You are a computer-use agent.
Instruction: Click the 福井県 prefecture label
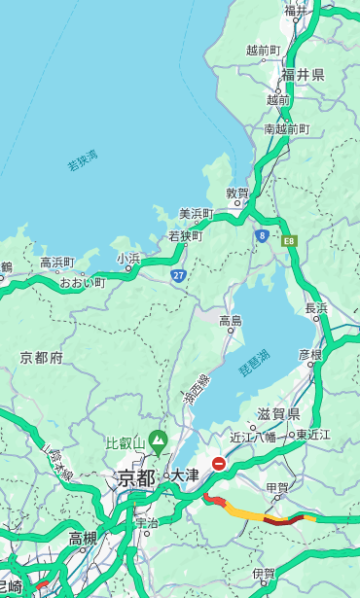[x=304, y=75]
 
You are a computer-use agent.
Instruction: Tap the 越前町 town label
[x=263, y=50]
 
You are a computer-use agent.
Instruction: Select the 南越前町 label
[x=286, y=128]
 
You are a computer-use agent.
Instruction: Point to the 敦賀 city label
[x=237, y=193]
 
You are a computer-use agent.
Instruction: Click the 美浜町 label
[x=197, y=214]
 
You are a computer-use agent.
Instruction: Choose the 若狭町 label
[x=185, y=235]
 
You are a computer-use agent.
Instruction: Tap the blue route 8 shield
[x=262, y=235]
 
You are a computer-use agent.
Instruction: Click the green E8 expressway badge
[x=289, y=240]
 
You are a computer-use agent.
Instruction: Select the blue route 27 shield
[x=179, y=275]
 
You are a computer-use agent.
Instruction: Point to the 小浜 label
[x=128, y=258]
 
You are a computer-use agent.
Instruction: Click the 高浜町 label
[x=56, y=263]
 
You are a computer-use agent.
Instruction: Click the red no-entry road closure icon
[x=219, y=464]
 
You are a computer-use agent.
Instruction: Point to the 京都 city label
[x=136, y=477]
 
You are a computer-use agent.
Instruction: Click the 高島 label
[x=231, y=320]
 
